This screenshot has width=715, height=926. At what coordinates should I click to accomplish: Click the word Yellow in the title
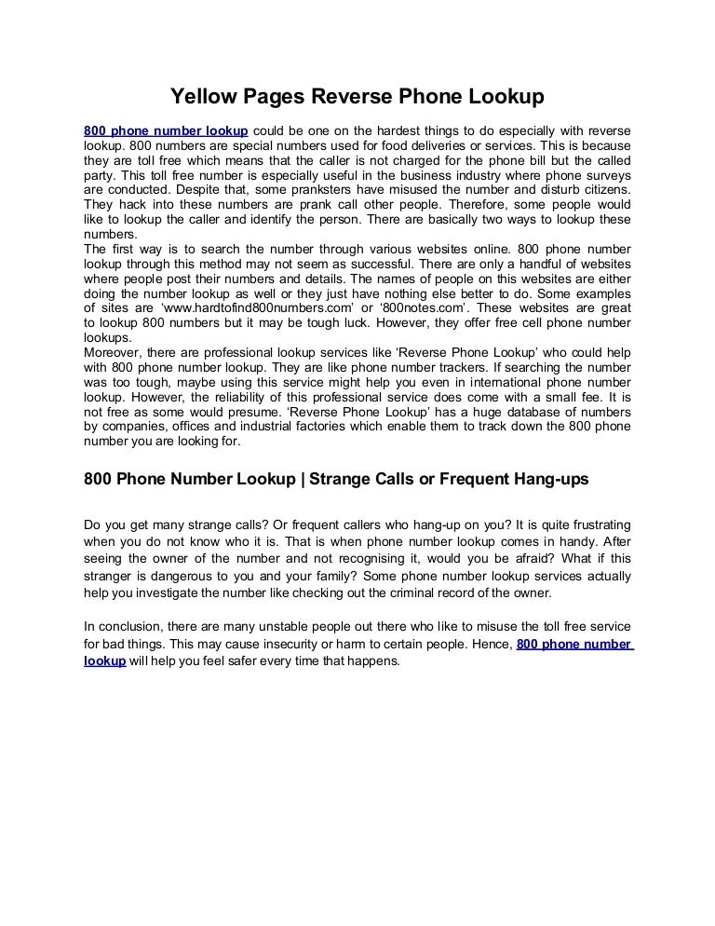[196, 96]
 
